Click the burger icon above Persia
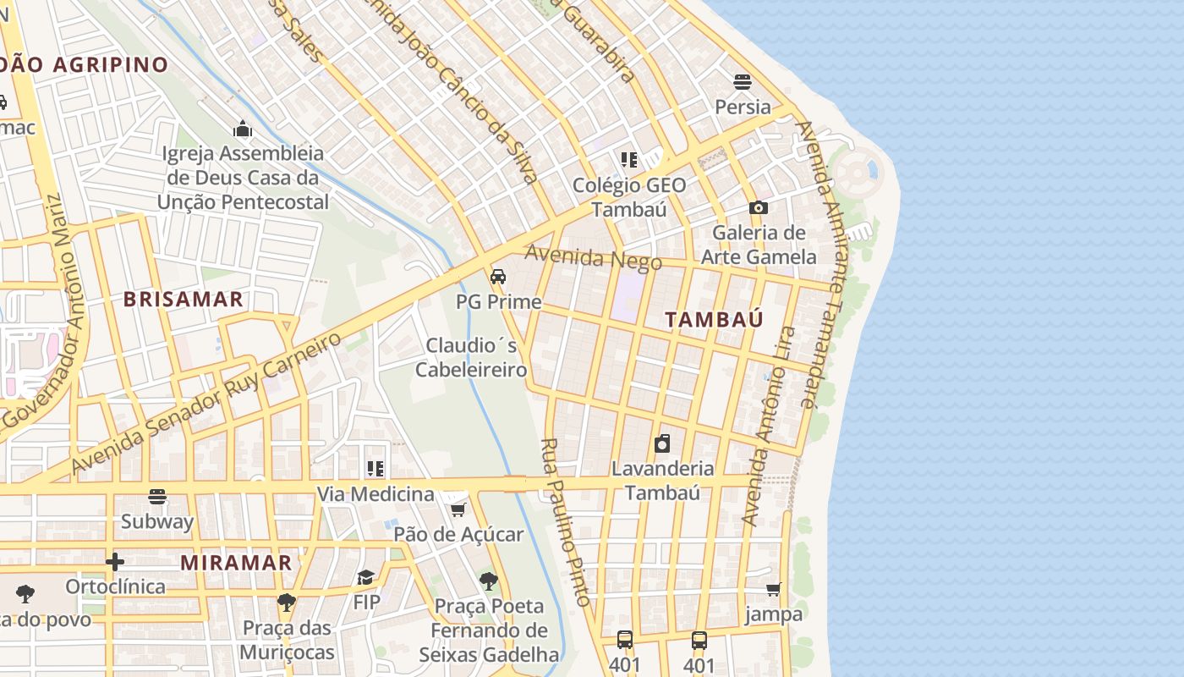tap(743, 82)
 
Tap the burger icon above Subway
tap(157, 497)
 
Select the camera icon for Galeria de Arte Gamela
tap(758, 207)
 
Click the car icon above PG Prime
tap(498, 277)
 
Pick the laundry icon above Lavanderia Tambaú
tap(662, 443)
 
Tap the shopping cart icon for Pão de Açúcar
tap(458, 509)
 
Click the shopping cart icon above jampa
tap(773, 589)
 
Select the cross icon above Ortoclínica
tap(115, 561)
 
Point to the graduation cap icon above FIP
tap(365, 577)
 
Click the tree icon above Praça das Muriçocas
tap(287, 603)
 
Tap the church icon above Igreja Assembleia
tap(244, 129)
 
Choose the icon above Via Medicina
tap(375, 469)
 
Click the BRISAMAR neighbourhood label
tap(184, 299)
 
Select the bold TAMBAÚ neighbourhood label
tap(715, 319)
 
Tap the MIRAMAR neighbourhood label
tap(236, 563)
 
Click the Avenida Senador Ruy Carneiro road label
tap(207, 402)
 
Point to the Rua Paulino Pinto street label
tap(565, 521)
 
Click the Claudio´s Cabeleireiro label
tap(472, 357)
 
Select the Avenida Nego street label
tap(593, 257)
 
